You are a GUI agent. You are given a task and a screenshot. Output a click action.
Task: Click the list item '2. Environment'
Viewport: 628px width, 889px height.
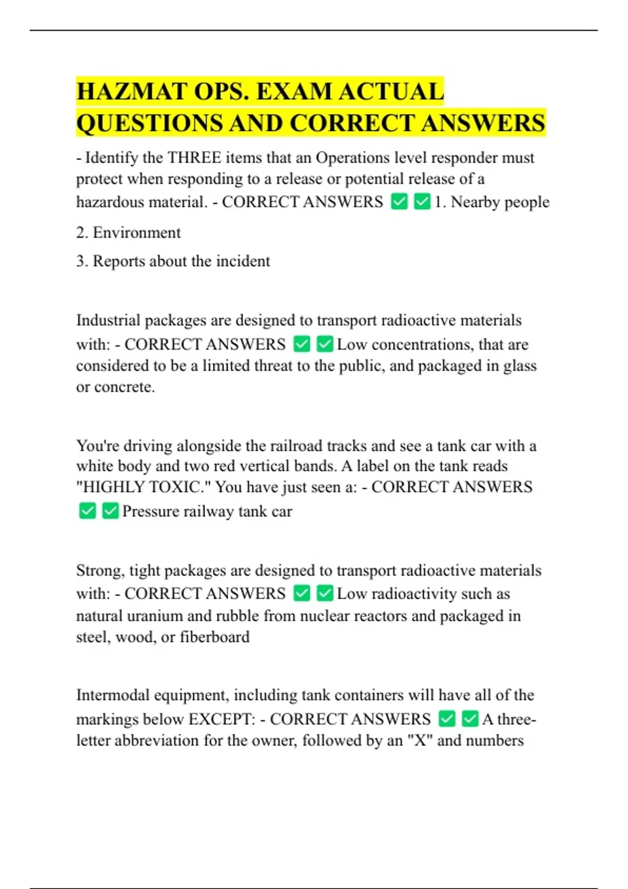point(128,233)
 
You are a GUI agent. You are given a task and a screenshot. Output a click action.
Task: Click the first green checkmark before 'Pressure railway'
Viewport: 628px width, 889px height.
point(87,511)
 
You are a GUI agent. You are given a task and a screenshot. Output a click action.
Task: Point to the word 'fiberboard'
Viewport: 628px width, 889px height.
point(215,637)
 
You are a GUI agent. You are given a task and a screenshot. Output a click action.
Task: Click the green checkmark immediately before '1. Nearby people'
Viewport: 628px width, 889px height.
point(422,202)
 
